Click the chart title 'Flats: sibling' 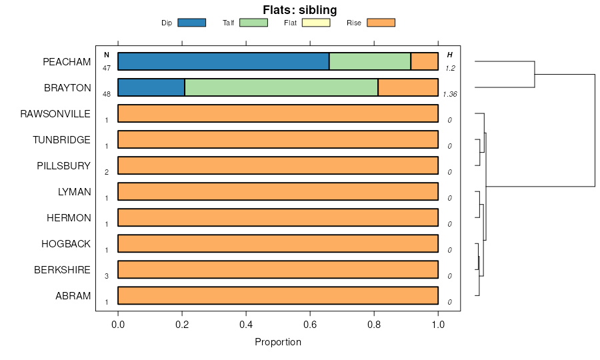point(299,9)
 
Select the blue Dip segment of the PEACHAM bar point(223,61)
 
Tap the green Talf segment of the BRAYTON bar point(281,87)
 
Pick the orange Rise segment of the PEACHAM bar point(424,61)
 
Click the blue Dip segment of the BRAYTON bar point(151,87)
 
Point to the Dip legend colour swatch point(191,23)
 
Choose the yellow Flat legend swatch point(316,23)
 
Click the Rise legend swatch point(381,23)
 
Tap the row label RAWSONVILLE point(55,113)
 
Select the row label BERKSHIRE point(62,269)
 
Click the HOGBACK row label point(65,243)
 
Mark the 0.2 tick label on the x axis point(182,325)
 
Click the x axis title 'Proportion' point(278,342)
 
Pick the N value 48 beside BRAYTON point(106,94)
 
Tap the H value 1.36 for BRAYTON point(450,94)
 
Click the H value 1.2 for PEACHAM point(450,68)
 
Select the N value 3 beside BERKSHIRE point(106,276)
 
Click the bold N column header point(106,55)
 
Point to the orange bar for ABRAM point(278,295)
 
